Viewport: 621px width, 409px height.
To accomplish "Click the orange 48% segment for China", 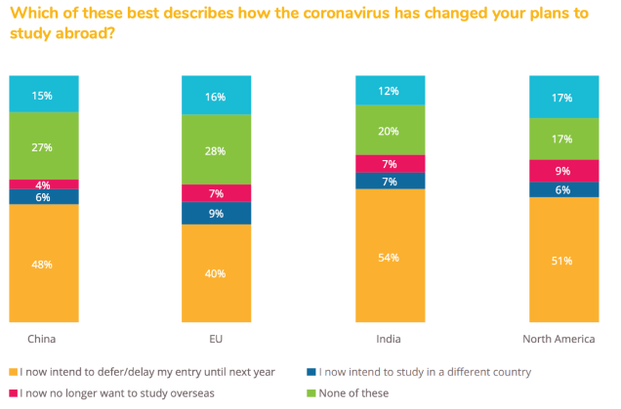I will point(44,263).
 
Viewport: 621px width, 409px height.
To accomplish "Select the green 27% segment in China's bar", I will point(44,146).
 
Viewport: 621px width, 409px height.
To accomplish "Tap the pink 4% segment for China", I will point(44,184).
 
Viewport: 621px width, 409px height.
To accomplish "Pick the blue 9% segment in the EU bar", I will point(216,213).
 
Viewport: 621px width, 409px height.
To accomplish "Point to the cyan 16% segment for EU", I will point(216,97).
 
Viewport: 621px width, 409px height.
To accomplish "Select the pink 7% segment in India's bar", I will point(390,163).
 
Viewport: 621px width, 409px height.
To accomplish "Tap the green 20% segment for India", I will point(390,131).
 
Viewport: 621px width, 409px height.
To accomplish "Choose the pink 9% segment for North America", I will point(562,170).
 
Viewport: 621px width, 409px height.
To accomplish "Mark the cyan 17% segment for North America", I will point(562,98).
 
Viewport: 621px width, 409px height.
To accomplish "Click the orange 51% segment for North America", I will point(562,260).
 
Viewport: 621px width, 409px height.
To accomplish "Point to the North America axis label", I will point(564,339).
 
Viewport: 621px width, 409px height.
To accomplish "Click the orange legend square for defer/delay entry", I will point(13,372).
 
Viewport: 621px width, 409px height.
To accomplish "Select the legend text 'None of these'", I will point(360,393).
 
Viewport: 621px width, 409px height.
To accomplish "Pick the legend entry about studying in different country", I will point(420,372).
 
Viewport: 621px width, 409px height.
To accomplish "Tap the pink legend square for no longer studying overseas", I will point(13,393).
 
